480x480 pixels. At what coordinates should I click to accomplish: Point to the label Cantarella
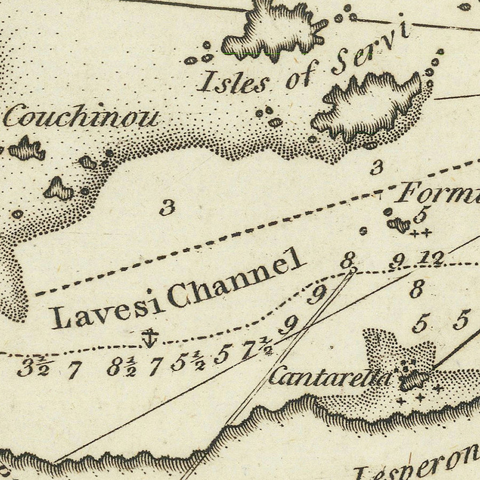(329, 377)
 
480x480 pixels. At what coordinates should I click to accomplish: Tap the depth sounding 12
(430, 259)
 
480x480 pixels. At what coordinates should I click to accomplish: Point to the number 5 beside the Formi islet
(420, 215)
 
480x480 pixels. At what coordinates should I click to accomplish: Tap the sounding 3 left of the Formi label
(377, 167)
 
